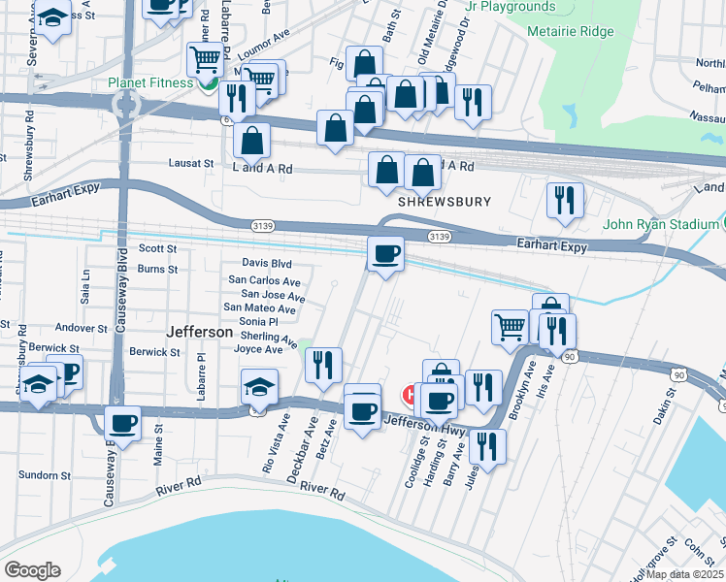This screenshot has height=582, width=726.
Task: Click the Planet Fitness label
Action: point(151,82)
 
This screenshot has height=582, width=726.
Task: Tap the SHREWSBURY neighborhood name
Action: point(444,202)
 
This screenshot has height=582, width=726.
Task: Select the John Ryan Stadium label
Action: point(660,225)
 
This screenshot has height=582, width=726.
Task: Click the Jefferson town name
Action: point(200,332)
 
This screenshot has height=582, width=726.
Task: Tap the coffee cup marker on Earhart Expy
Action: point(385,254)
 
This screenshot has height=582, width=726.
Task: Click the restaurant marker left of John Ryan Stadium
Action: point(564,200)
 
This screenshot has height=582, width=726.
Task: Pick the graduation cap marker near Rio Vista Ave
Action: point(259,387)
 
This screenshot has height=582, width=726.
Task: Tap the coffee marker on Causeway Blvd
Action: point(123,423)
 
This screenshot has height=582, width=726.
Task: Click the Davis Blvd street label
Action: point(267,264)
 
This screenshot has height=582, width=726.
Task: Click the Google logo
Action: point(32,570)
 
